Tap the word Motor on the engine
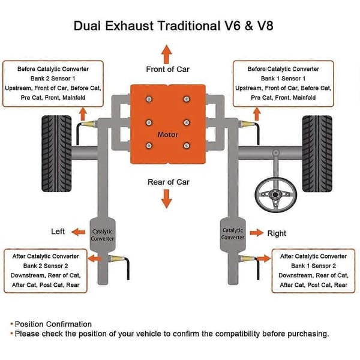pyautogui.click(x=167, y=134)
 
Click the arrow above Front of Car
pyautogui.click(x=166, y=54)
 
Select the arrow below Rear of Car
pyautogui.click(x=166, y=199)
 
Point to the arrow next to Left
pyautogui.click(x=78, y=232)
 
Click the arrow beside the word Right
pyautogui.click(x=256, y=233)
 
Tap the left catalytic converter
pyautogui.click(x=102, y=235)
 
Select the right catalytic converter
pyautogui.click(x=233, y=234)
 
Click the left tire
pyautogui.click(x=56, y=154)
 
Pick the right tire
pyautogui.click(x=317, y=154)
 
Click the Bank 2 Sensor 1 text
pyautogui.click(x=53, y=79)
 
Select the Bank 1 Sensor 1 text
pyautogui.click(x=283, y=79)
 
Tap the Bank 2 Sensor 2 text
pyautogui.click(x=46, y=266)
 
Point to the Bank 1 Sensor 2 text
pyautogui.click(x=313, y=266)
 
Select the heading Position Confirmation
pyautogui.click(x=53, y=324)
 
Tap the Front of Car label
pyautogui.click(x=167, y=69)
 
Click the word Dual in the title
pyautogui.click(x=87, y=25)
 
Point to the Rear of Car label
pyautogui.click(x=168, y=182)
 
